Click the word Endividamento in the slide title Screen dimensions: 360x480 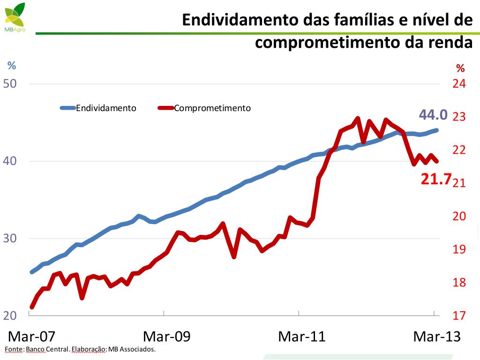click(239, 20)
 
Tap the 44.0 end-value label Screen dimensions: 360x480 click(433, 115)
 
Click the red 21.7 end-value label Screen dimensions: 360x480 click(435, 179)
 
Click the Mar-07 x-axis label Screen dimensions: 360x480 click(32, 337)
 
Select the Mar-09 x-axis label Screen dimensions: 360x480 click(167, 337)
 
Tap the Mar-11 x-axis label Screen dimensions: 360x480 click(302, 337)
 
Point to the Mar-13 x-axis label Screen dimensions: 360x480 click(436, 337)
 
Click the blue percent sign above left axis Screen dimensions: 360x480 click(11, 66)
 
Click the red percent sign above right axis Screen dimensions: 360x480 click(460, 68)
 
